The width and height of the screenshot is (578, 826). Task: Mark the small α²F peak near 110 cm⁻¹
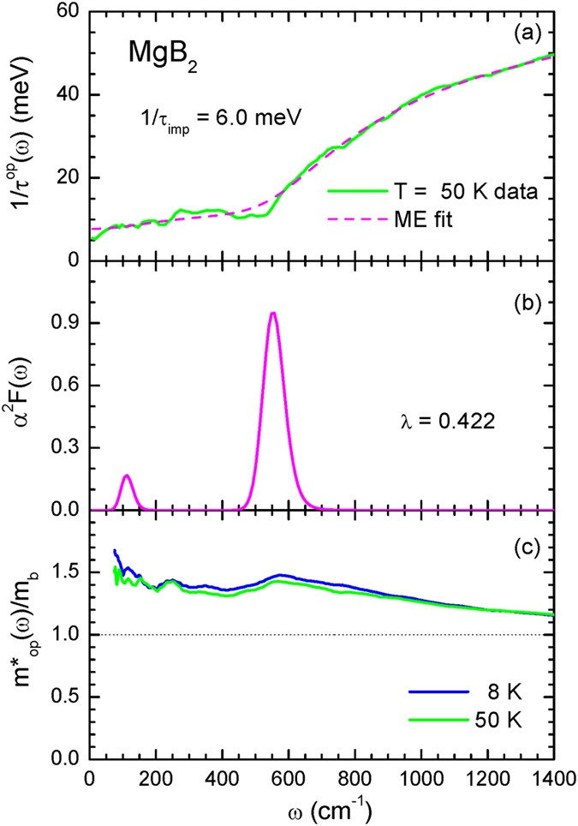[x=127, y=476]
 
